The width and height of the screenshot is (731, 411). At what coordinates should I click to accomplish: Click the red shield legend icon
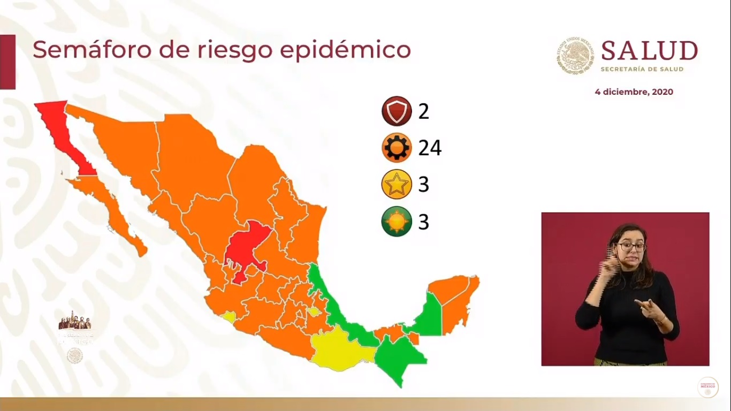pyautogui.click(x=397, y=111)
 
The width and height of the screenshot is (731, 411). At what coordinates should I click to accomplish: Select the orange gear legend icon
pyautogui.click(x=397, y=148)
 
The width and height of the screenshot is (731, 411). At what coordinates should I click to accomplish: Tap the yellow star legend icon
pyautogui.click(x=397, y=185)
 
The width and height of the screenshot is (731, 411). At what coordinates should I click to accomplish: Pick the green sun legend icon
pyautogui.click(x=397, y=222)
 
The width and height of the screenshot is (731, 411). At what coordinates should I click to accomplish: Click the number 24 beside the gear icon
pyautogui.click(x=430, y=148)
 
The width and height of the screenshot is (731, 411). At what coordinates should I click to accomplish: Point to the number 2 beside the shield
pyautogui.click(x=424, y=111)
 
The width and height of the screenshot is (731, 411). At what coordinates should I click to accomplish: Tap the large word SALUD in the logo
pyautogui.click(x=649, y=51)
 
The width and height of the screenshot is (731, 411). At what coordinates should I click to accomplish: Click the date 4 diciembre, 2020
pyautogui.click(x=634, y=92)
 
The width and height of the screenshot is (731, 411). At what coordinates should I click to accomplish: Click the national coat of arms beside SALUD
pyautogui.click(x=575, y=55)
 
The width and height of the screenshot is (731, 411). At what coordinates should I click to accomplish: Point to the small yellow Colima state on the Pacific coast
pyautogui.click(x=229, y=317)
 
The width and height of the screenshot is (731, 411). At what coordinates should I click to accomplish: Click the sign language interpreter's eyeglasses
pyautogui.click(x=631, y=247)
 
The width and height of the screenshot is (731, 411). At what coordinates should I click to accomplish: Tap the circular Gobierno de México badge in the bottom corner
pyautogui.click(x=707, y=387)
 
